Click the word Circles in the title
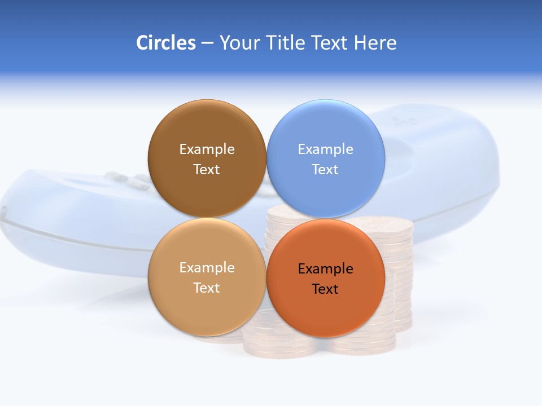click(165, 43)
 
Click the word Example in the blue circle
click(326, 149)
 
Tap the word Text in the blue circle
click(326, 170)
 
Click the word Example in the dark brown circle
click(207, 149)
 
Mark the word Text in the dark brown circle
click(207, 170)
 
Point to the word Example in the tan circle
click(207, 268)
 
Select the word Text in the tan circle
click(207, 288)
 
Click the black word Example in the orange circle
click(326, 269)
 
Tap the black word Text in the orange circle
click(326, 289)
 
